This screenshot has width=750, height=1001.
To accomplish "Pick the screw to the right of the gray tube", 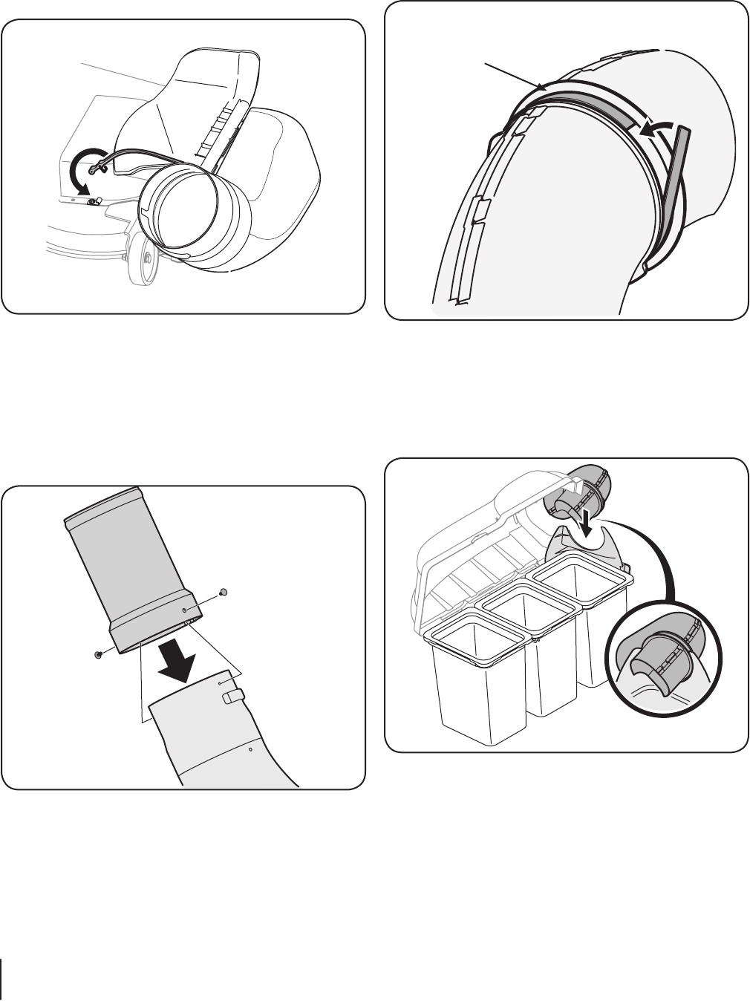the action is click(224, 592).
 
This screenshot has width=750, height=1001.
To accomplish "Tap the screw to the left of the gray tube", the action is click(97, 654).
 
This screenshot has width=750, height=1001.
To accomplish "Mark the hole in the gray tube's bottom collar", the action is click(185, 610).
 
